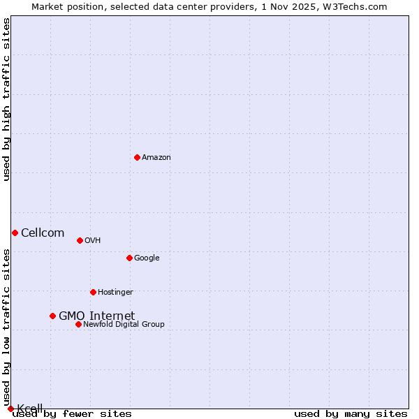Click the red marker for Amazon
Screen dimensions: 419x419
pyautogui.click(x=137, y=157)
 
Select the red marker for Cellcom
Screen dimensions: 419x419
pyautogui.click(x=15, y=233)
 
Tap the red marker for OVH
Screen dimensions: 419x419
pyautogui.click(x=80, y=240)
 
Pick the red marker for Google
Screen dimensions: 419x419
pyautogui.click(x=129, y=258)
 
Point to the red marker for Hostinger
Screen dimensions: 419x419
pyautogui.click(x=93, y=292)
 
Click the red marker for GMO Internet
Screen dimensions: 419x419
pyautogui.click(x=52, y=316)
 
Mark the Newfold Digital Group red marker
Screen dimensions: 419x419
pyautogui.click(x=78, y=324)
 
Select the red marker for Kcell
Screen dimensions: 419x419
pyautogui.click(x=10, y=409)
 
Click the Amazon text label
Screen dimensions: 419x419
pyautogui.click(x=156, y=158)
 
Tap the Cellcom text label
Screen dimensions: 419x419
pyautogui.click(x=43, y=233)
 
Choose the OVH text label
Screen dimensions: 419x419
pyautogui.click(x=92, y=241)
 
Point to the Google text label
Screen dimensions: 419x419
pyautogui.click(x=147, y=258)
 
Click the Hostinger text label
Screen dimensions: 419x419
pyautogui.click(x=115, y=293)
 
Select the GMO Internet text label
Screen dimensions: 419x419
pyautogui.click(x=96, y=316)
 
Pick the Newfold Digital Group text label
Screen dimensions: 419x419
pyautogui.click(x=124, y=325)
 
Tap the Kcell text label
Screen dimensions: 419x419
pyautogui.click(x=30, y=409)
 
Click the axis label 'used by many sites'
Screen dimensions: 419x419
pyautogui.click(x=351, y=414)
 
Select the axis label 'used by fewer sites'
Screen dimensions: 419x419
pyautogui.click(x=73, y=414)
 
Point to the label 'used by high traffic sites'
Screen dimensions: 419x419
pyautogui.click(x=6, y=99)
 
